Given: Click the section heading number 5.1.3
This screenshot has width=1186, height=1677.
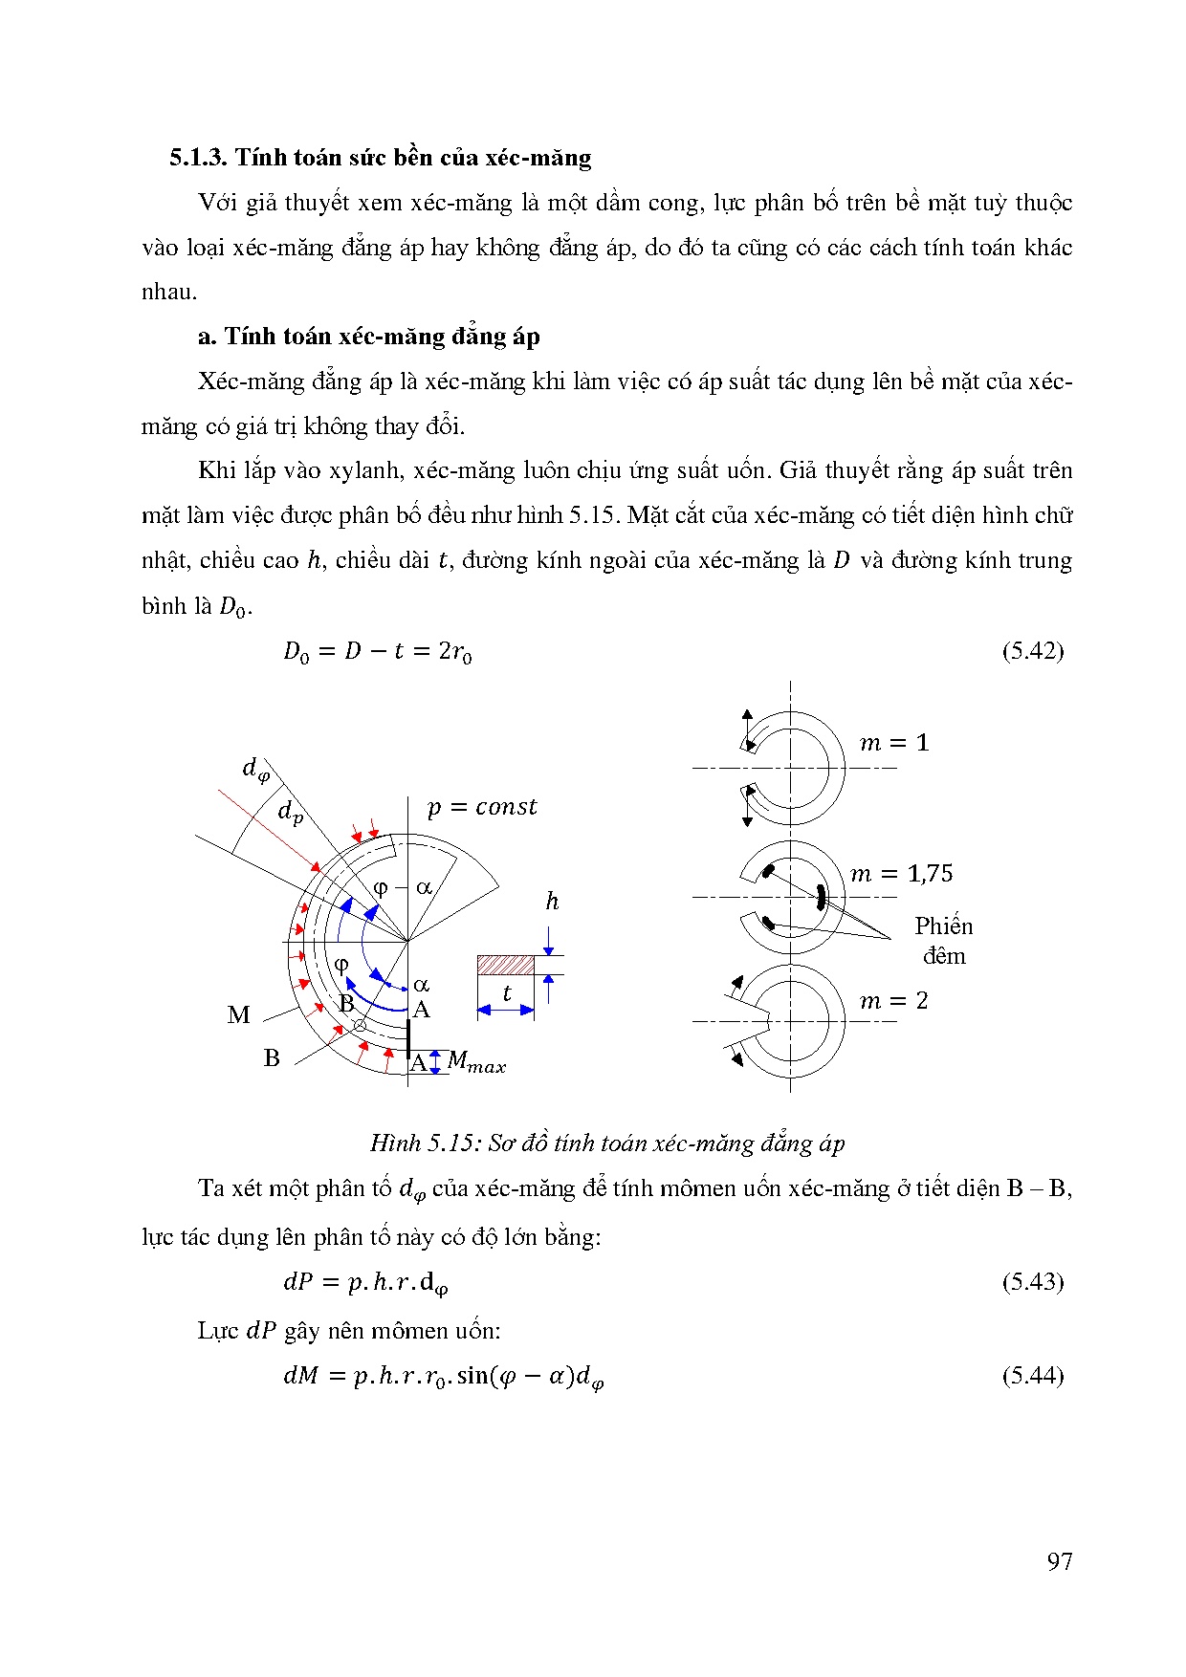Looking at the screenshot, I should click(x=199, y=158).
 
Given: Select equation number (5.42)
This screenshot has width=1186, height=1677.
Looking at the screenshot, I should click(x=1033, y=651).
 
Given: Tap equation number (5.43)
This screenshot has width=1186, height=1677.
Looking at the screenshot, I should click(x=1033, y=1281).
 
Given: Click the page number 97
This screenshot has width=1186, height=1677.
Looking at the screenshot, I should click(x=1060, y=1561).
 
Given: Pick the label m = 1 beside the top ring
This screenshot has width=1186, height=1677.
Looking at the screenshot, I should click(x=894, y=743).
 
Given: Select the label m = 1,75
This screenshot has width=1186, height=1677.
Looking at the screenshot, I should click(x=902, y=873).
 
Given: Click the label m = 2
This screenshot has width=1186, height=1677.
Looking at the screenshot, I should click(x=894, y=1001).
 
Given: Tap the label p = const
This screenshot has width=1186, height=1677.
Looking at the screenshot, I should click(x=482, y=807).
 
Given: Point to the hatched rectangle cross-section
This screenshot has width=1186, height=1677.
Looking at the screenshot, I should click(x=506, y=965).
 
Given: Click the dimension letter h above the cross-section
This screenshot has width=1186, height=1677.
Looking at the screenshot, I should click(x=552, y=901).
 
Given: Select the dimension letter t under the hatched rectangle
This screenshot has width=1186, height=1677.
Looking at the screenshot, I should click(x=507, y=993).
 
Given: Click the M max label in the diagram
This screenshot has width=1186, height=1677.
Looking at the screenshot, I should click(x=476, y=1062).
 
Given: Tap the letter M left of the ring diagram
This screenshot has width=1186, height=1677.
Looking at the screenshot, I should click(x=239, y=1015).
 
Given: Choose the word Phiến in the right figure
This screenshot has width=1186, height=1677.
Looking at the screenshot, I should click(x=943, y=926).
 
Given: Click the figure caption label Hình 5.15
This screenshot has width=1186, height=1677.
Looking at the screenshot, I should click(x=425, y=1143).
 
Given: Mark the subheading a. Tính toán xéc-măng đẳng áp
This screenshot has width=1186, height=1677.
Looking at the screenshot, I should click(x=369, y=337).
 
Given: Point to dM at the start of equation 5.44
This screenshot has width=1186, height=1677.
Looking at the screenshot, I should click(x=300, y=1376).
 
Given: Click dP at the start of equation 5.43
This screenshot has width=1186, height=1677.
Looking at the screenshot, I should click(x=298, y=1282).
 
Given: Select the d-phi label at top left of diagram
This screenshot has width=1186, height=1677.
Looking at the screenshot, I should click(x=254, y=768).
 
